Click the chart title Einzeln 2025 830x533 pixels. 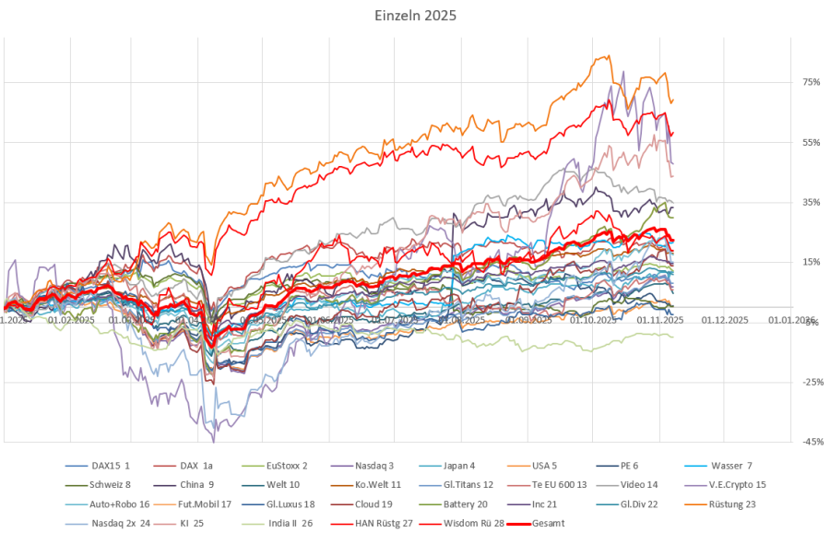click(415, 16)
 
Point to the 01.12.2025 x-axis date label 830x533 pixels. click(724, 320)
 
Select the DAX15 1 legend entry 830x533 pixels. click(111, 465)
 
